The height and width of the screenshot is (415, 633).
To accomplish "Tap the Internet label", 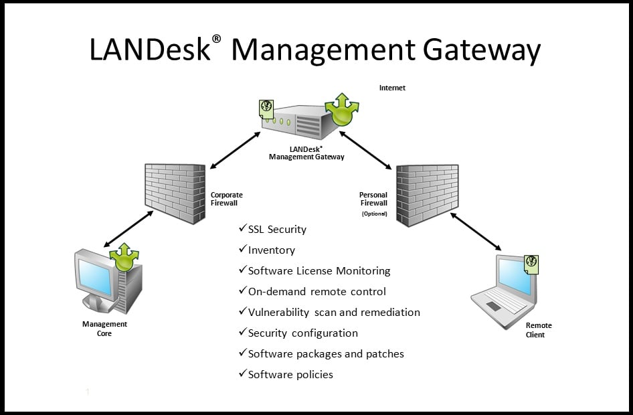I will coord(392,88).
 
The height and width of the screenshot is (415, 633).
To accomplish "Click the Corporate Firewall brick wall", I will coord(174,193).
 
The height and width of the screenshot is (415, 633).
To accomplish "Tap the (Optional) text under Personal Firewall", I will coord(374,214).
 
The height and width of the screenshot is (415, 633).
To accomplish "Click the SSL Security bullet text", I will coord(277,230).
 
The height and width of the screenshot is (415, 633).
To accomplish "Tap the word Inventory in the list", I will coord(272,250).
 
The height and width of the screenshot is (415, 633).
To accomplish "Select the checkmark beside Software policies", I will coord(243,373).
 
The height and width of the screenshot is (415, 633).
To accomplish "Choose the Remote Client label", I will coord(539,330).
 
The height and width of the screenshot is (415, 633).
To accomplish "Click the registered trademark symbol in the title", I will coord(216,39).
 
